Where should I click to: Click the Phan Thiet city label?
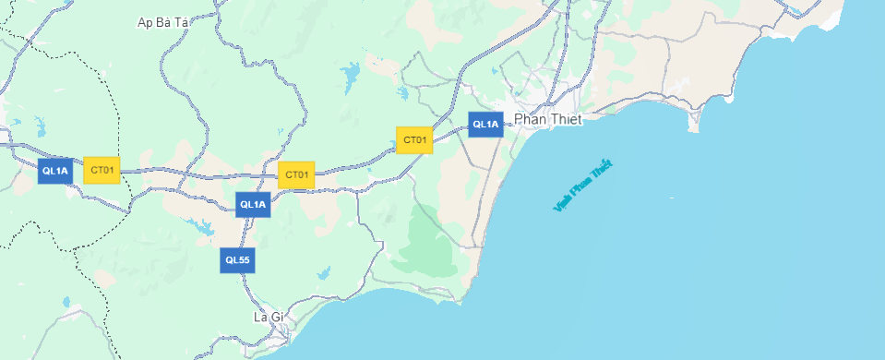548,120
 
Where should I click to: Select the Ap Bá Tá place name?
162,22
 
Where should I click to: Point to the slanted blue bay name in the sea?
582,186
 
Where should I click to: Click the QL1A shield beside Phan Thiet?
485,124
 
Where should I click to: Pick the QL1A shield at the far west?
55,170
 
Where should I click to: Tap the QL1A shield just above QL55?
253,204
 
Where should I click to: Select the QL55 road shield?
237,260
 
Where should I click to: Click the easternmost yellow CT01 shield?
414,140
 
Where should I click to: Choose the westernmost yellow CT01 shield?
102,170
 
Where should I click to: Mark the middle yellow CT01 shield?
296,174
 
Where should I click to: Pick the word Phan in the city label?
530,120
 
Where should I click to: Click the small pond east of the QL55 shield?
323,273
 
